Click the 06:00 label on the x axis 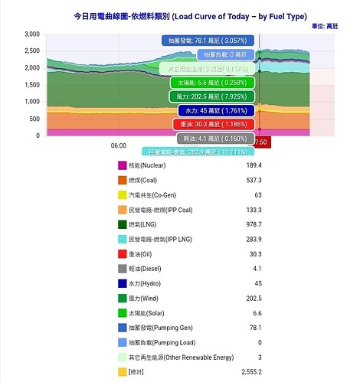119,145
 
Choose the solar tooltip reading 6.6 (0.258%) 211,83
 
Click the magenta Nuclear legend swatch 122,166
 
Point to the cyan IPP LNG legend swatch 122,240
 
